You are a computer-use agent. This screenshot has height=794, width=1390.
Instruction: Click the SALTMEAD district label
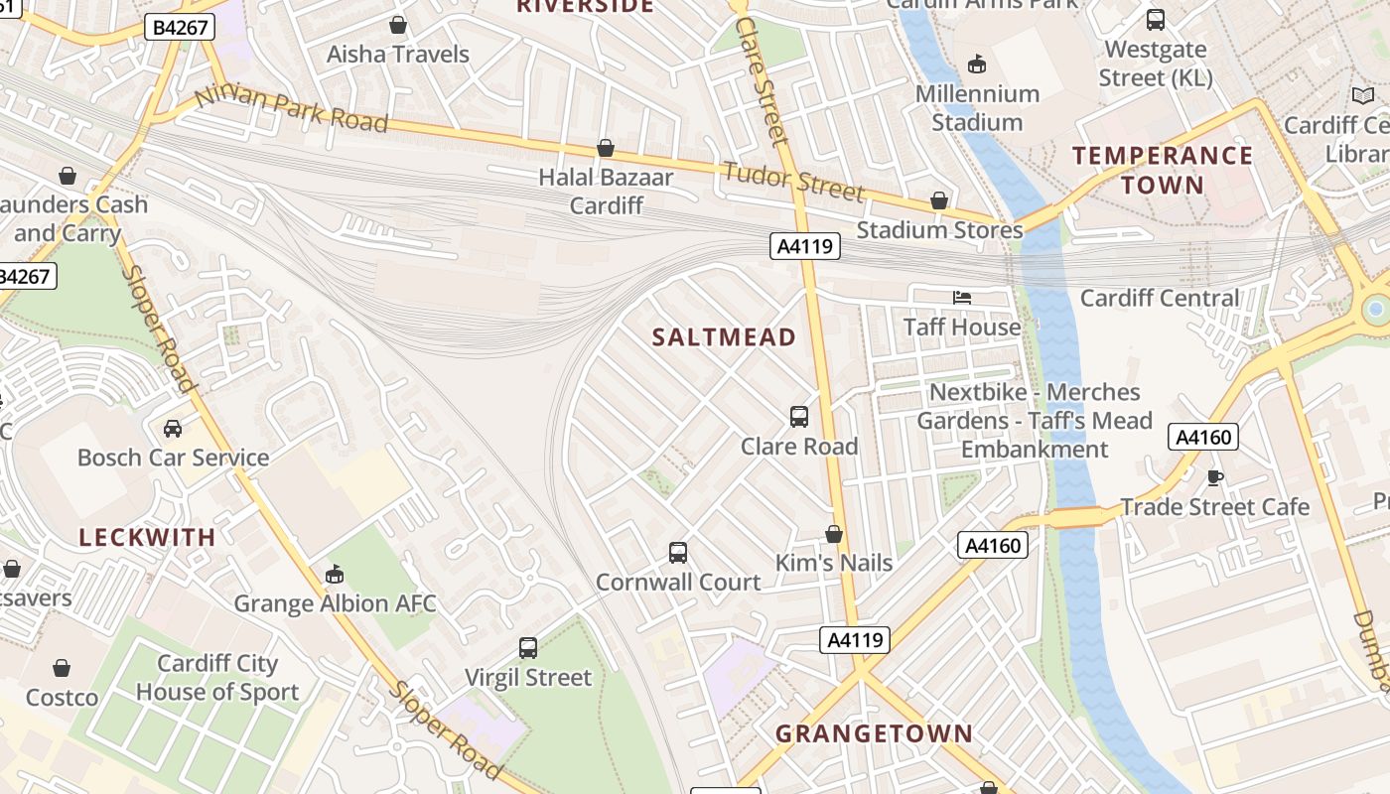point(724,337)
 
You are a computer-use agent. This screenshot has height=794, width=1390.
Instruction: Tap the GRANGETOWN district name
point(874,734)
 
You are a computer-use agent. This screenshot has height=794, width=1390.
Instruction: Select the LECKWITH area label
point(147,538)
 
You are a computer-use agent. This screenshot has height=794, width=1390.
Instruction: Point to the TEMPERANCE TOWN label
point(1162,170)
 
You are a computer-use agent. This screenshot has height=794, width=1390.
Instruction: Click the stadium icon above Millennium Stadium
point(977,65)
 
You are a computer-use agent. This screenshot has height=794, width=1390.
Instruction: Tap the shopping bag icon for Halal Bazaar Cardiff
point(606,149)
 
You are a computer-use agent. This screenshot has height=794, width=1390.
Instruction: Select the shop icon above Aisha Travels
point(398,25)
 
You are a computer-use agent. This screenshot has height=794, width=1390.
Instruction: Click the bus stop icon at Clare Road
point(799,417)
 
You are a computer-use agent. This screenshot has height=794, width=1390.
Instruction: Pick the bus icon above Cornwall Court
point(678,553)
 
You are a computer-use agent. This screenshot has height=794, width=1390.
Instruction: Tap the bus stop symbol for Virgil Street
point(528,648)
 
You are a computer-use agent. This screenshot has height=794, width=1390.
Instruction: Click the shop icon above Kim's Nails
point(834,535)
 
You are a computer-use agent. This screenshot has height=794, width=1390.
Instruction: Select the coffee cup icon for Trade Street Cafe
point(1214,478)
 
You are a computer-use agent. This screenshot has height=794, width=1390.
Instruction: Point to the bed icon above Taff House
point(961,298)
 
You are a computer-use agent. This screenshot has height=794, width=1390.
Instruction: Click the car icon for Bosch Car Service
point(173,429)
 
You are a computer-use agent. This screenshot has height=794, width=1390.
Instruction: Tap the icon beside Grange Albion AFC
point(335,575)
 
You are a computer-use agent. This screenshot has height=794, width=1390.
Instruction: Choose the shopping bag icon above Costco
point(62,668)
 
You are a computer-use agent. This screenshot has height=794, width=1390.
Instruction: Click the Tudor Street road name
point(793,180)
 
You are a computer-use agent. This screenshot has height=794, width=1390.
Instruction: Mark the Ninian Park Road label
point(291,110)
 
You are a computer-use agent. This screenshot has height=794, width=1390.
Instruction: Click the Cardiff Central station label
point(1160,298)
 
